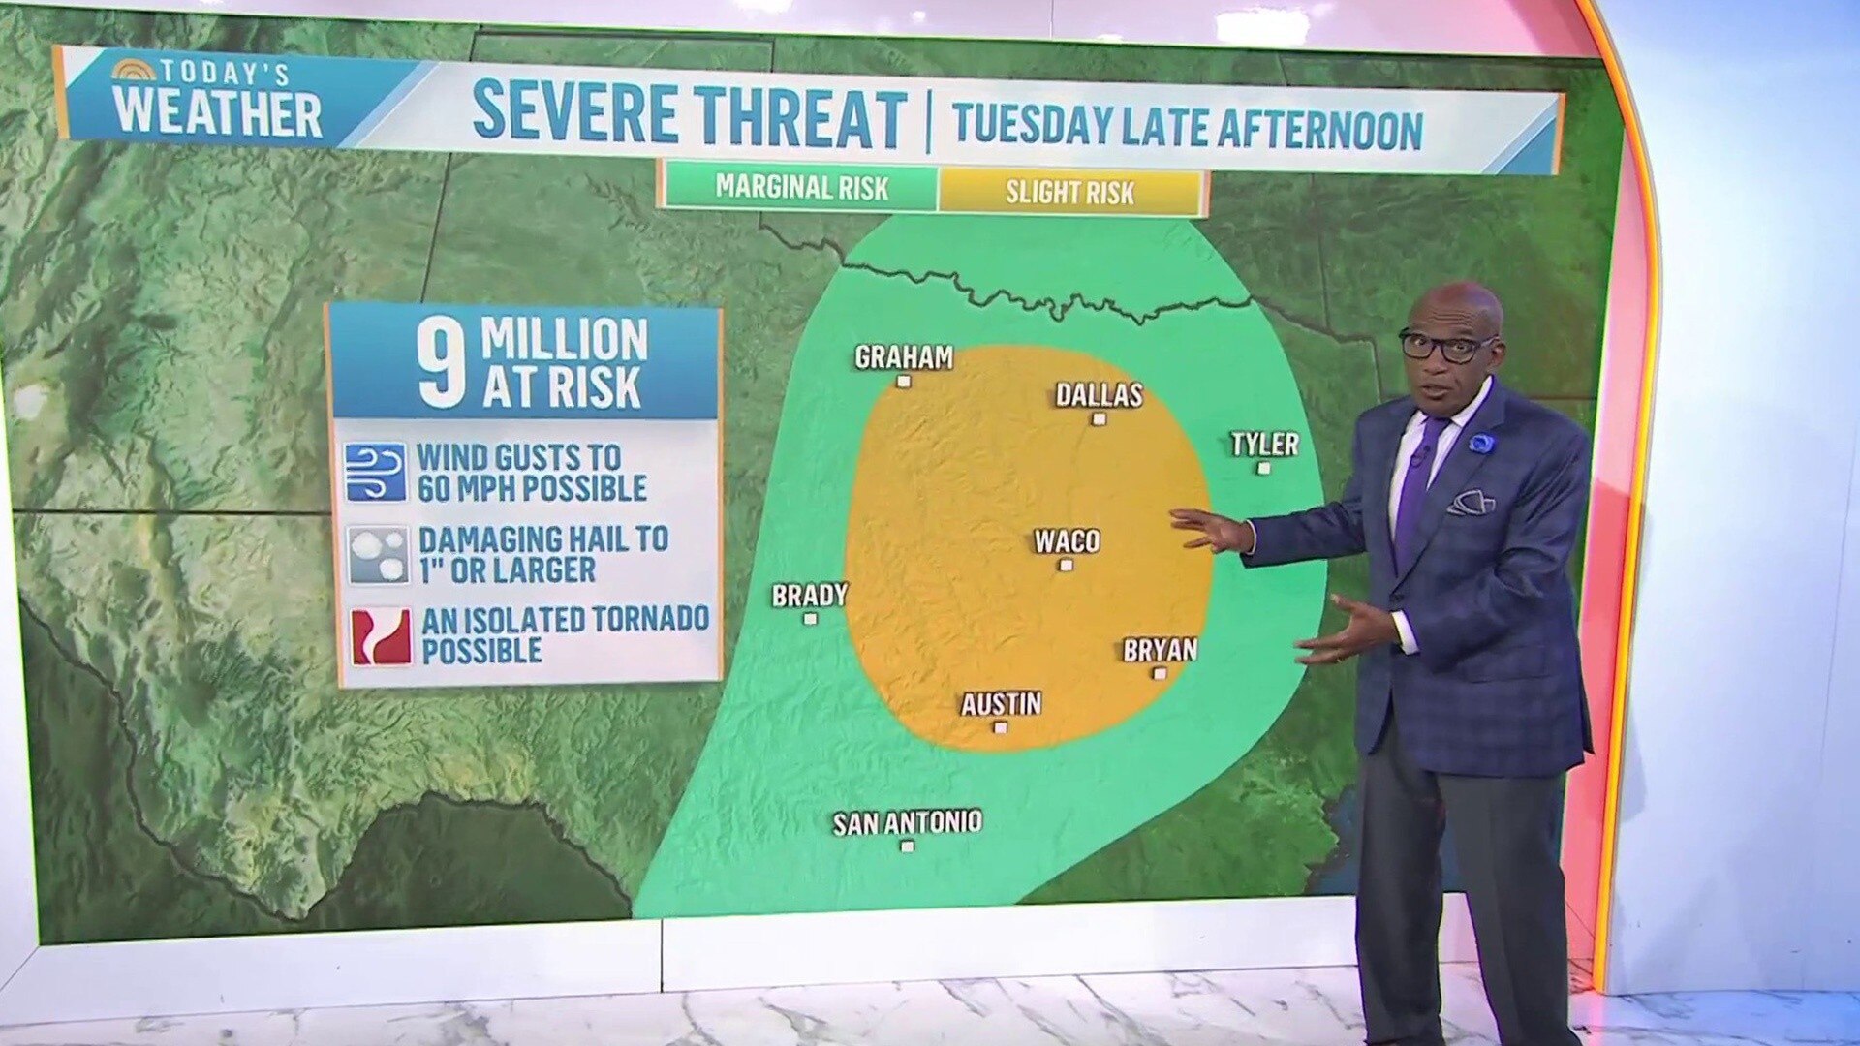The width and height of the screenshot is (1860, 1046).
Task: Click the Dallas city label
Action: pyautogui.click(x=1099, y=394)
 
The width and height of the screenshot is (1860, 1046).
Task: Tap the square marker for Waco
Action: pyautogui.click(x=1066, y=565)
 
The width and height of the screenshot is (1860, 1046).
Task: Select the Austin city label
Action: pyautogui.click(x=1001, y=703)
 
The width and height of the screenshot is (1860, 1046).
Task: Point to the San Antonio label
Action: pyautogui.click(x=907, y=823)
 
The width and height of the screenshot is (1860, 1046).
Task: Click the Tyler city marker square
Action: pyautogui.click(x=1263, y=468)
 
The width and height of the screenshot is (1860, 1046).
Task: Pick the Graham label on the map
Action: pyautogui.click(x=903, y=357)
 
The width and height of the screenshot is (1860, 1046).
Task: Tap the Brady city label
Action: pyautogui.click(x=809, y=595)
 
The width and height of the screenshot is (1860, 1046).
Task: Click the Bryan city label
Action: pyautogui.click(x=1160, y=650)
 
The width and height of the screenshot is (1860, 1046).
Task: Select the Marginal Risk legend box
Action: pyautogui.click(x=801, y=188)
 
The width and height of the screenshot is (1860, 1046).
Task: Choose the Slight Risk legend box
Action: pyautogui.click(x=1069, y=192)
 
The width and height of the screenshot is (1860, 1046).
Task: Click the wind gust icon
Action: pyautogui.click(x=376, y=472)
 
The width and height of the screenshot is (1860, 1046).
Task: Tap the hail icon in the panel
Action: pyautogui.click(x=377, y=555)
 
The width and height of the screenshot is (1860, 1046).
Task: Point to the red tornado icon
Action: pyautogui.click(x=381, y=636)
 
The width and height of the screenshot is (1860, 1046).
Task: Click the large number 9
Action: pyautogui.click(x=442, y=364)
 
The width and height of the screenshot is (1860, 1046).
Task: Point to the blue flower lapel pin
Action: pyautogui.click(x=1481, y=443)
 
